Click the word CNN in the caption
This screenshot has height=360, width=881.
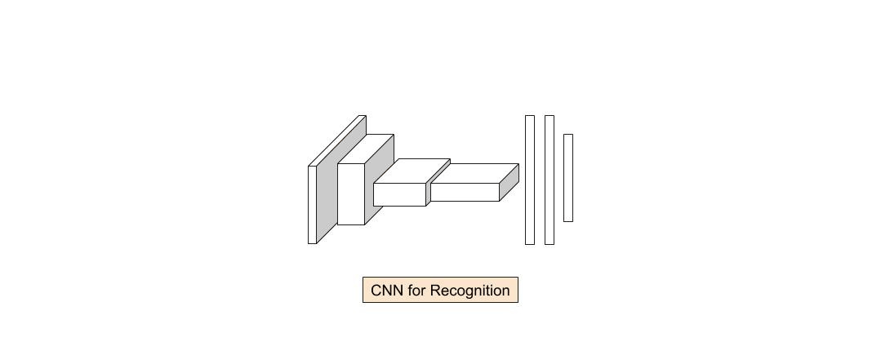tap(388, 291)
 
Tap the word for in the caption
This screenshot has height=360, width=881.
tap(416, 291)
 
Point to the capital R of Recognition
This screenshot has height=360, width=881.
tap(435, 291)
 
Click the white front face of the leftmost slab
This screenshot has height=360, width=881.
tap(312, 205)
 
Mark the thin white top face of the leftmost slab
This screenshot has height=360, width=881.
tap(337, 140)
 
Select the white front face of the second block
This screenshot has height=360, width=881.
tap(351, 194)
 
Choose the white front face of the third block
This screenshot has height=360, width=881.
tap(399, 194)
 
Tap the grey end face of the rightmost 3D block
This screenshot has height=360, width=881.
tap(509, 183)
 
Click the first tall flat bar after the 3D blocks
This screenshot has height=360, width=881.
tap(530, 180)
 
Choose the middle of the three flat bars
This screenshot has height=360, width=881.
tap(550, 180)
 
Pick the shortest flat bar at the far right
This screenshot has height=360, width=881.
tap(568, 178)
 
